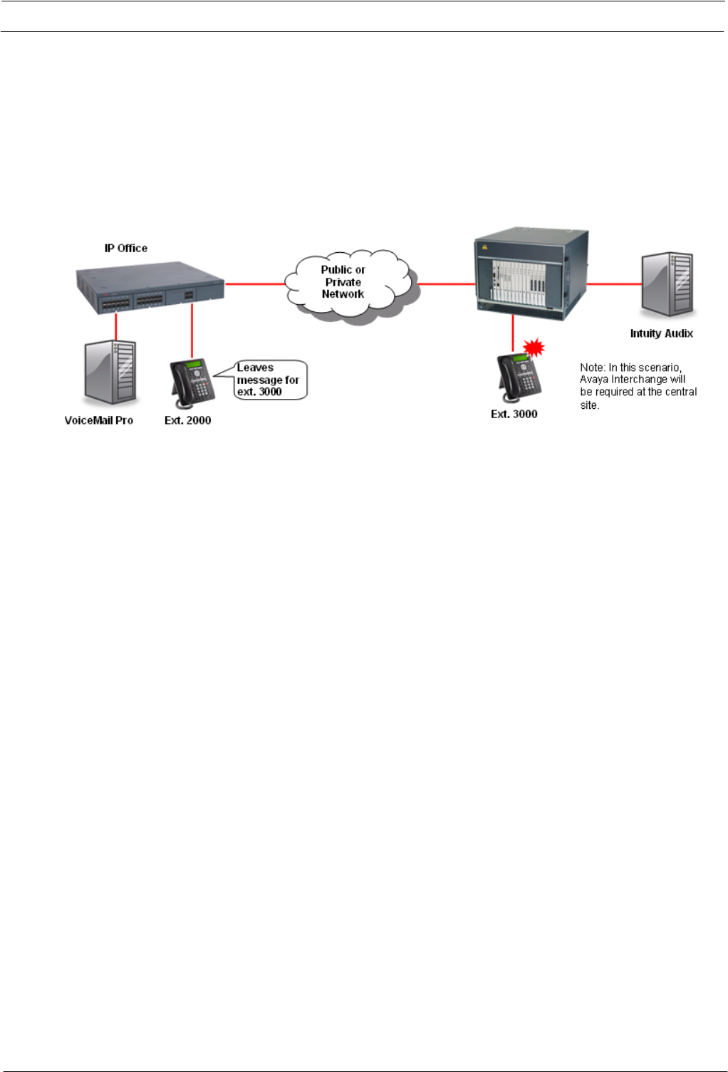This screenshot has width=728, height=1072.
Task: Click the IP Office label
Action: (x=126, y=248)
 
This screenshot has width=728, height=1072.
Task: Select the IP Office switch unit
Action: (x=150, y=289)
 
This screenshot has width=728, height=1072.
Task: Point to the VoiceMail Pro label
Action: (x=99, y=420)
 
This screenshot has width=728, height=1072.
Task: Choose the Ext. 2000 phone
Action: (x=192, y=383)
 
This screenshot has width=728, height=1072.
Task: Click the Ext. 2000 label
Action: (x=187, y=420)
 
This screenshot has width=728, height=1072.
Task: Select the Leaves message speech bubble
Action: (x=269, y=380)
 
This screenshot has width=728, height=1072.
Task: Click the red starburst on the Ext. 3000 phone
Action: (x=534, y=348)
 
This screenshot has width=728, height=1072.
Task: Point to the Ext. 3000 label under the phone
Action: (x=514, y=414)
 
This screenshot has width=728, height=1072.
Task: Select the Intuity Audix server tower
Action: (x=668, y=284)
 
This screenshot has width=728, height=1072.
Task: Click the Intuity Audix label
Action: (x=661, y=333)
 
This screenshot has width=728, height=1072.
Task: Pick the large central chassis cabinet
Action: (x=531, y=274)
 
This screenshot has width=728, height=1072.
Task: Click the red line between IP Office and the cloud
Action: (x=254, y=283)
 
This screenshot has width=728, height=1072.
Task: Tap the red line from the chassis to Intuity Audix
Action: (x=614, y=283)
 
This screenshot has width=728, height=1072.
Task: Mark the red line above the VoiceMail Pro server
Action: (x=115, y=327)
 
